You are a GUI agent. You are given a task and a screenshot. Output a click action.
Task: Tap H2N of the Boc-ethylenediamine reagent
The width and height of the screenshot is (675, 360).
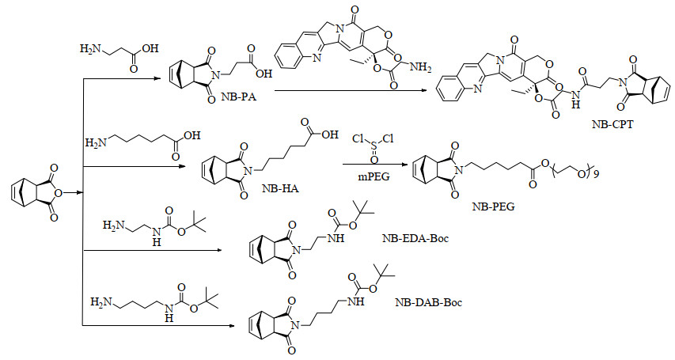[x=113, y=226]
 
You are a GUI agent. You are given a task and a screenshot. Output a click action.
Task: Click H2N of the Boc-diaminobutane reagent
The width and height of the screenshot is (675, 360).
[x=100, y=302]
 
